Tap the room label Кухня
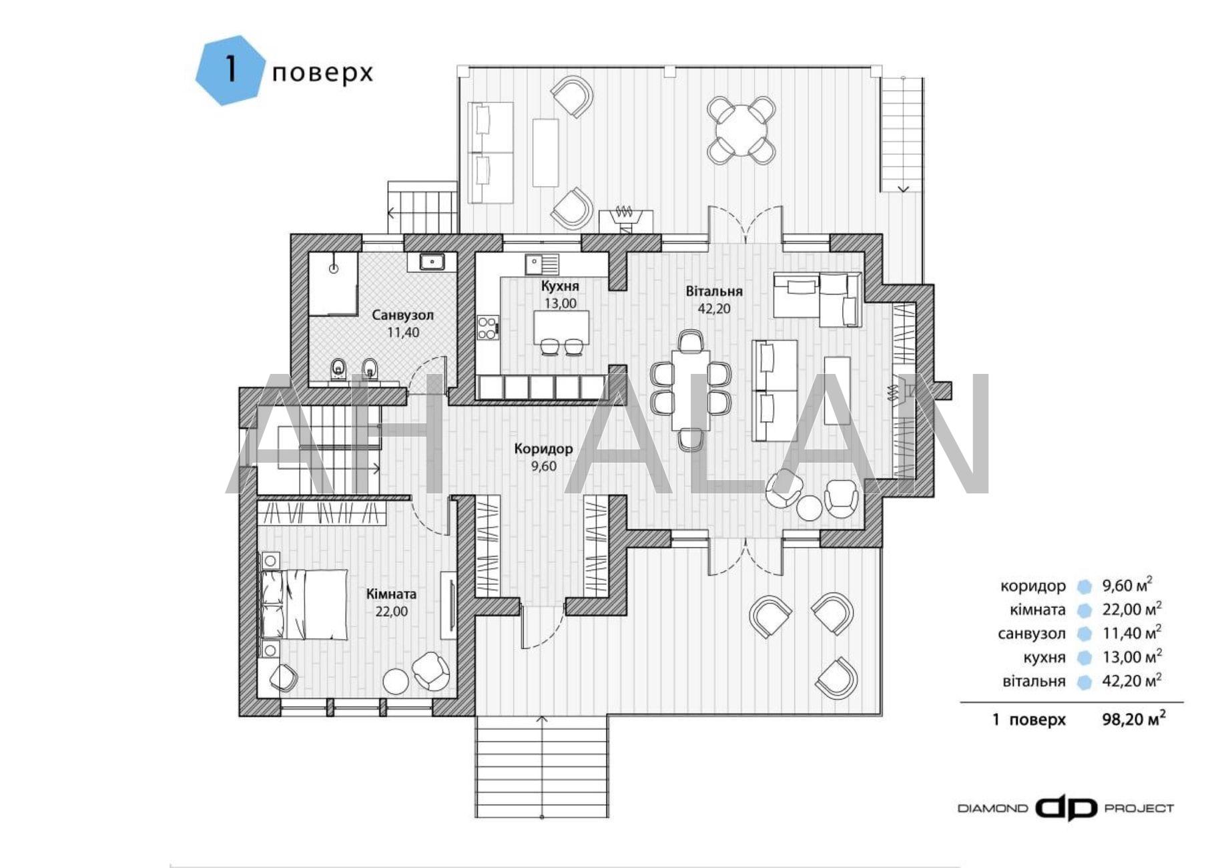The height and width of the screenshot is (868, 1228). pos(560,286)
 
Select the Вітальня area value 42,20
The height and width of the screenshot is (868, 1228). pos(713,309)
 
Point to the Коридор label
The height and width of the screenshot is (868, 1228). pos(543,449)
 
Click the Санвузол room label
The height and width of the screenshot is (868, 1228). pos(403,314)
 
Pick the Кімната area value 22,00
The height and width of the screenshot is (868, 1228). pos(392,612)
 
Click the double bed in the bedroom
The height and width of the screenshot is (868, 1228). pos(304,604)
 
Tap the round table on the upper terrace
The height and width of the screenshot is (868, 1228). pos(741,130)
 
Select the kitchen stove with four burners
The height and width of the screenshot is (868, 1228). pos(488,327)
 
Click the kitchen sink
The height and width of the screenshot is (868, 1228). pos(541,264)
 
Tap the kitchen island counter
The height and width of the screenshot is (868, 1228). pos(562,327)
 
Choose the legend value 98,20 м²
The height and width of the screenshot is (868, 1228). pos(1134,718)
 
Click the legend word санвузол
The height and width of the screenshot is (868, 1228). pos(1032,633)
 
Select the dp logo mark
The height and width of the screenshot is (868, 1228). pos(1066,809)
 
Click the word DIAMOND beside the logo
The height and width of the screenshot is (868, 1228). pos(993,809)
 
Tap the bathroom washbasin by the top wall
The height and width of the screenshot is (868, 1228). pos(432,261)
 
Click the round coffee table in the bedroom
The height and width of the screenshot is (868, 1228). pos(396,682)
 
